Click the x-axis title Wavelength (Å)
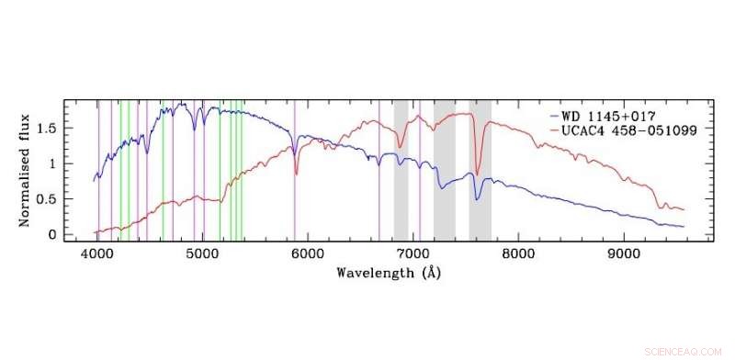(x=386, y=273)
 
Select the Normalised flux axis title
(x=27, y=169)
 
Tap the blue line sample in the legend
(x=554, y=118)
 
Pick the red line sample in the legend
(x=554, y=131)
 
